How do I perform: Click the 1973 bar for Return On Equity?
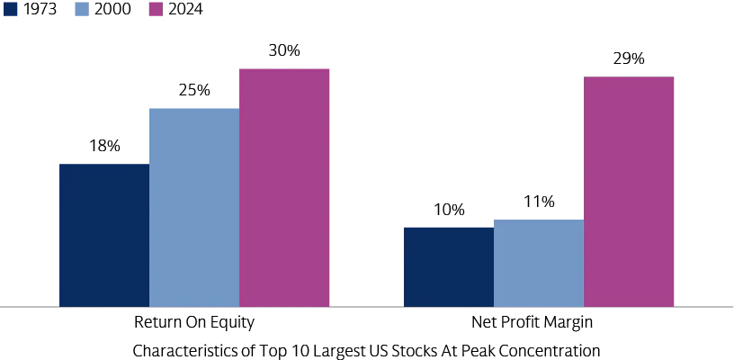point(104,235)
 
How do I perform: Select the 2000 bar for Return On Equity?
point(194,207)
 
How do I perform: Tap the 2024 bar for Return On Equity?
point(284,187)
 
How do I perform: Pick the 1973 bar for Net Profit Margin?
point(449,266)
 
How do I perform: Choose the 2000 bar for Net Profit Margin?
point(539,263)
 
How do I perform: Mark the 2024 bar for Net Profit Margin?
point(629,191)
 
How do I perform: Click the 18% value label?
point(104,146)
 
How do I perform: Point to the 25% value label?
point(194,90)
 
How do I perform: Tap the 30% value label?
point(284,50)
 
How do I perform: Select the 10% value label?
point(449,210)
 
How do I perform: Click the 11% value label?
point(539,202)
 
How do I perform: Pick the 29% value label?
point(629,58)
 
